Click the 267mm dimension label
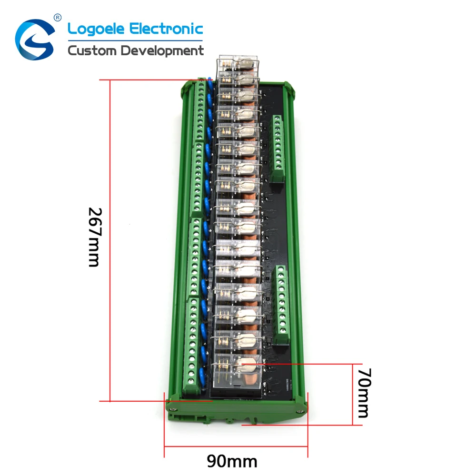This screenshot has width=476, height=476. (x=94, y=237)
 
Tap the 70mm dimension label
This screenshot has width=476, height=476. (x=363, y=393)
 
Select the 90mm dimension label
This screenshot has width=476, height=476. (x=232, y=461)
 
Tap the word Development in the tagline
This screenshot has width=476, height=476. (x=162, y=51)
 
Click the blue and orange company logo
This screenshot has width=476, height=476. (x=35, y=39)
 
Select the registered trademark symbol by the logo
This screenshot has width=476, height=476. (x=58, y=18)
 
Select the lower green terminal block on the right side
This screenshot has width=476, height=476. (x=283, y=298)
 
